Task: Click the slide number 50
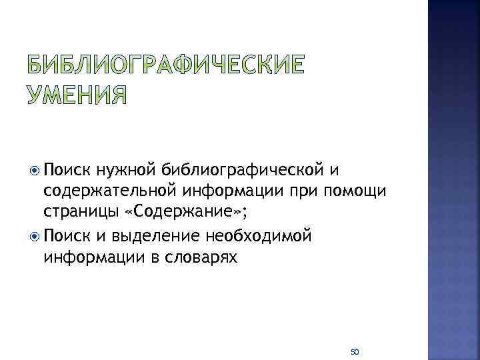tap(355, 351)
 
